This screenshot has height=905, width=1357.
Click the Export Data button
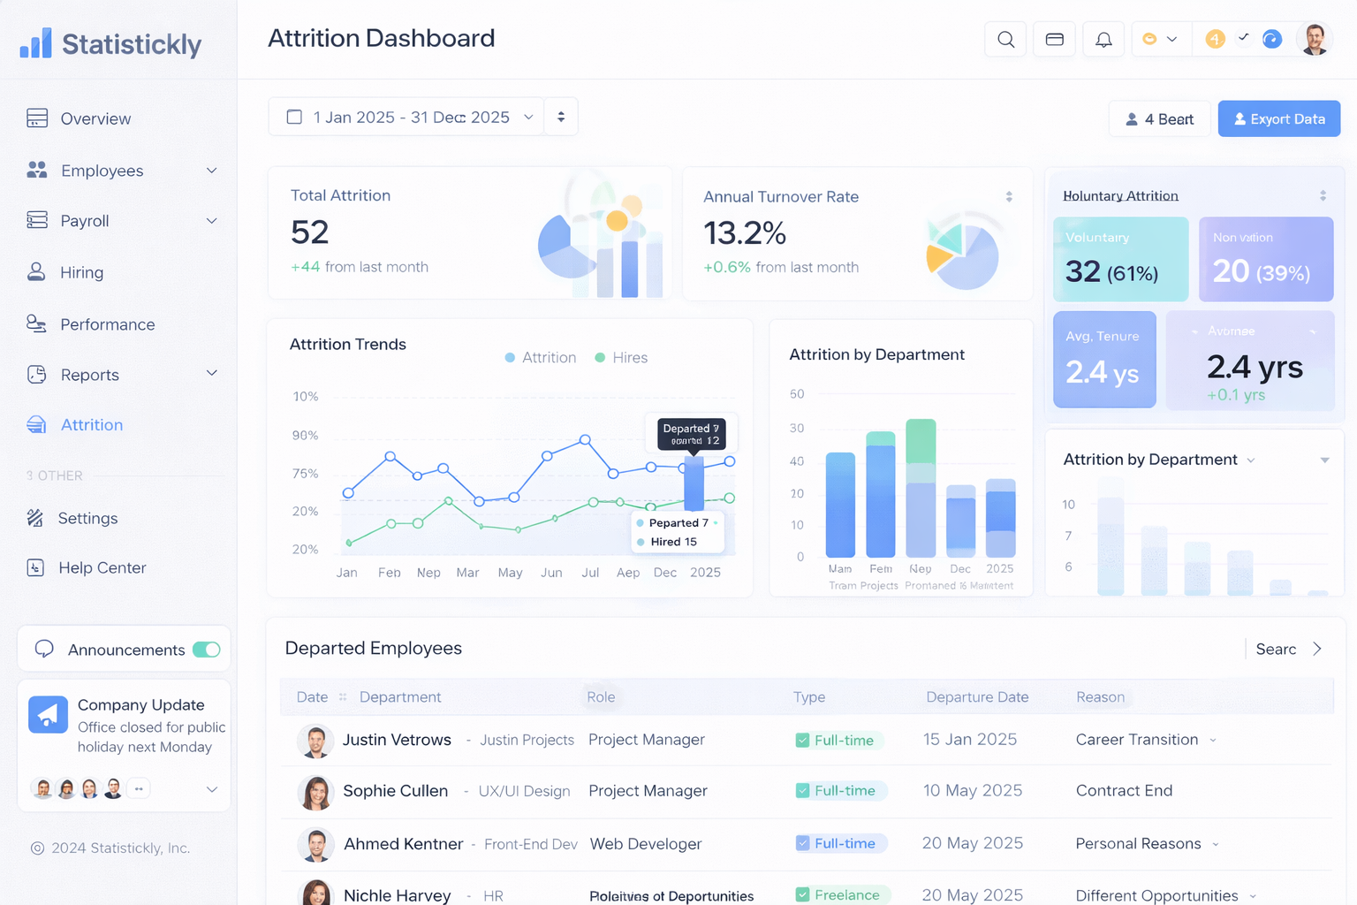[1278, 118]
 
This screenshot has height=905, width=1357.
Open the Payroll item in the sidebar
[85, 221]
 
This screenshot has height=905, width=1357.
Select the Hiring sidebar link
[81, 272]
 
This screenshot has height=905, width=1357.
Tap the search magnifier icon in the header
[1005, 39]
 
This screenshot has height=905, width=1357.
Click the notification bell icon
[1103, 39]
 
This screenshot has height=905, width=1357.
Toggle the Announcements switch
[207, 650]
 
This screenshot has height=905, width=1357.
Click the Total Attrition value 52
[310, 232]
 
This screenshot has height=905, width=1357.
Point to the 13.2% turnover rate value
[744, 233]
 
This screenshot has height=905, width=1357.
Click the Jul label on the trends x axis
[590, 573]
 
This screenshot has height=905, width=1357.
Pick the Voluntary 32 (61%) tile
[1120, 260]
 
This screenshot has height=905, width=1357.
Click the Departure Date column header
[977, 697]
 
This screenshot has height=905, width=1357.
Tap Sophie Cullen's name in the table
[395, 791]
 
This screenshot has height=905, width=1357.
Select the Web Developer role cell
[646, 844]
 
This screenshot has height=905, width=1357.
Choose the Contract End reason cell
[1124, 791]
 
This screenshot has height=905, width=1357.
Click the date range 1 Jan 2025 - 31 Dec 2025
[411, 118]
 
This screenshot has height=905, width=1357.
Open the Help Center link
[102, 567]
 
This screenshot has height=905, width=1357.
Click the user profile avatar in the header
[1315, 39]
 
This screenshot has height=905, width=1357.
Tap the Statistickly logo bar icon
[36, 43]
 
